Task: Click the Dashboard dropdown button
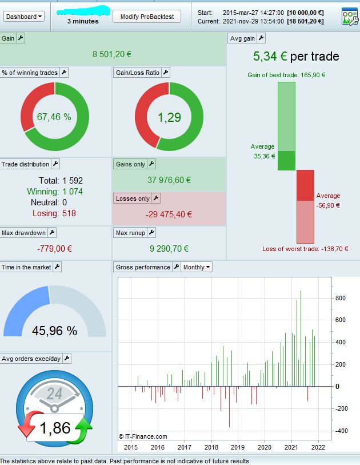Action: [x=24, y=17]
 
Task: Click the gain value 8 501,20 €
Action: [x=112, y=54]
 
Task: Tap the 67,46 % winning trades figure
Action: [x=54, y=117]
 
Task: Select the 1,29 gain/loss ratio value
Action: [x=169, y=117]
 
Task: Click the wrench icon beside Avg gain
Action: [x=261, y=38]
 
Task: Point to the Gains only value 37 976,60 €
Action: [x=169, y=180]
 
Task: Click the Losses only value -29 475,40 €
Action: [x=169, y=214]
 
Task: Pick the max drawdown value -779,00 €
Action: [x=54, y=249]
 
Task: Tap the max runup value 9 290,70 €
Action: [x=169, y=249]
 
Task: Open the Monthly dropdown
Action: [x=197, y=267]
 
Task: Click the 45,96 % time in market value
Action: [x=54, y=331]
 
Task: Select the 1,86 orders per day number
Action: [x=55, y=428]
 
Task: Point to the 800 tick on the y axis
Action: [x=341, y=298]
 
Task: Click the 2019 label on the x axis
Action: [x=238, y=447]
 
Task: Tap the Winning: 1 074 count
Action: [x=54, y=192]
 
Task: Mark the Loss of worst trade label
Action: [x=305, y=249]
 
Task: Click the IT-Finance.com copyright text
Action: [x=143, y=436]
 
